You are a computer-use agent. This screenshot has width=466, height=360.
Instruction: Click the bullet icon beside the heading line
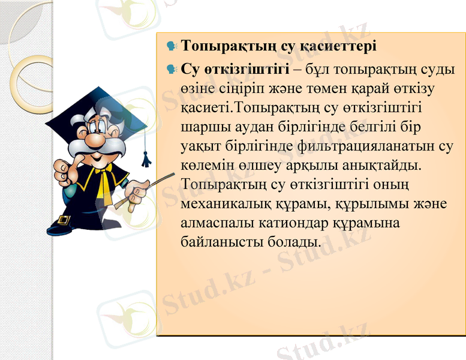click(x=172, y=46)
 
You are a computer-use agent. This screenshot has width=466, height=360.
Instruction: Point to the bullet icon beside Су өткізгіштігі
click(x=172, y=68)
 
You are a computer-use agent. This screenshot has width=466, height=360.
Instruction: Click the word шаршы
click(x=201, y=127)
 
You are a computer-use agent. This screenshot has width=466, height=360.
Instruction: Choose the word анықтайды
click(x=387, y=165)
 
